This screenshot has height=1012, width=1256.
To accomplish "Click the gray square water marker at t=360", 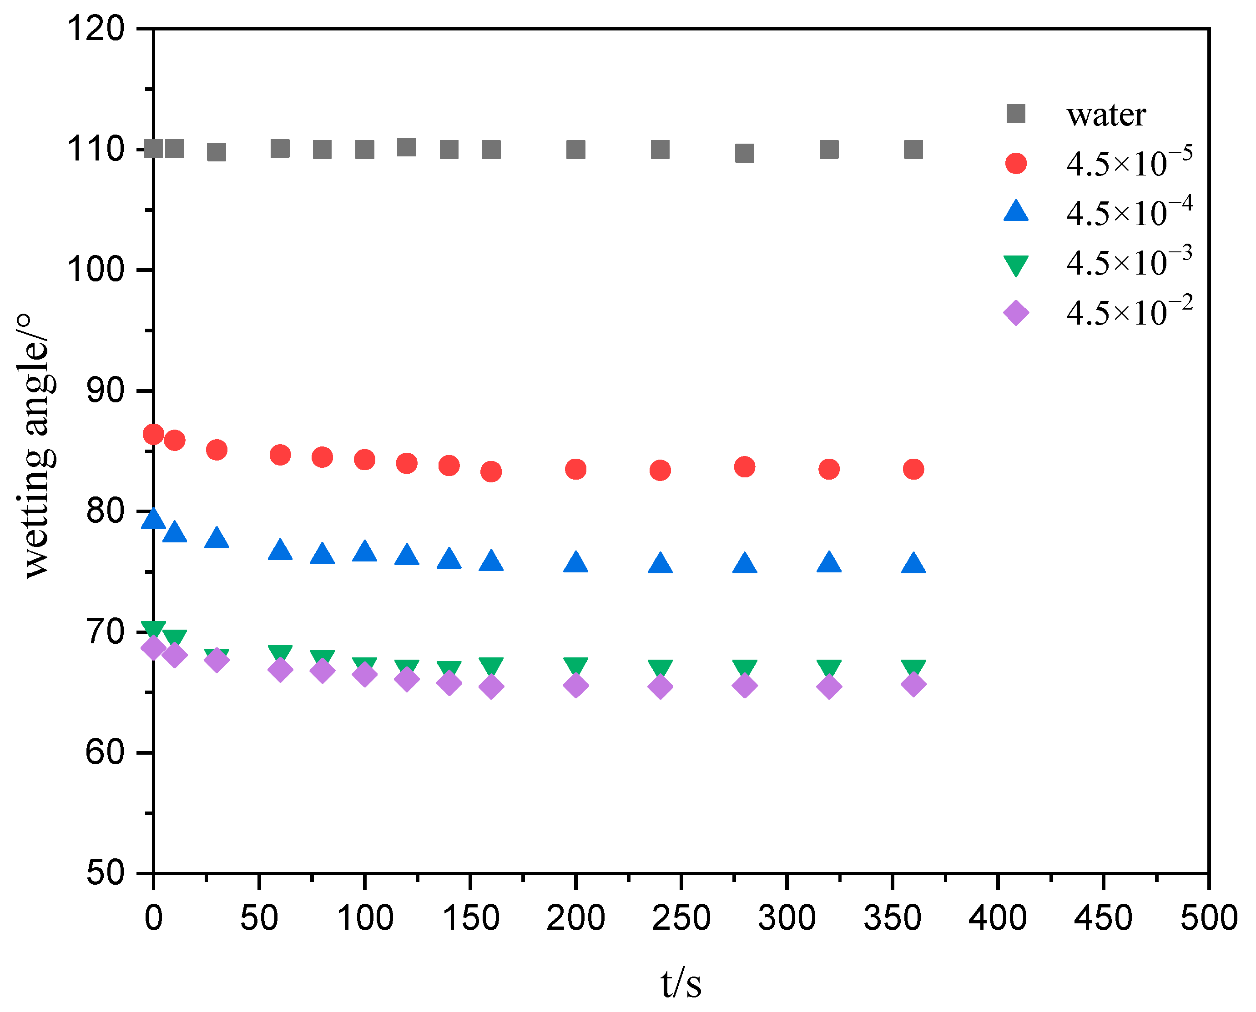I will [x=913, y=150].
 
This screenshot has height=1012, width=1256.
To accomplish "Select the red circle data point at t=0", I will [x=153, y=434].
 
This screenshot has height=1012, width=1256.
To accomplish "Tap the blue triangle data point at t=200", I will [x=576, y=562].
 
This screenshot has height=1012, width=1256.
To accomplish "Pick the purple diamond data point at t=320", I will [x=829, y=686].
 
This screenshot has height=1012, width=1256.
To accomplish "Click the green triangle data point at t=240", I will [x=660, y=668].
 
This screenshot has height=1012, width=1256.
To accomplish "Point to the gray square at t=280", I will [x=744, y=153].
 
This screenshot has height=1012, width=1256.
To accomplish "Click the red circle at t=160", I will [x=491, y=471].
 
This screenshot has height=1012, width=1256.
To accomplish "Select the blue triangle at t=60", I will [x=280, y=550].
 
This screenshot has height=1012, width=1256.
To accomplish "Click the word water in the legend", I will [x=1106, y=115].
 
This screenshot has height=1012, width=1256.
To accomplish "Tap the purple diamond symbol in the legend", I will [x=1016, y=313].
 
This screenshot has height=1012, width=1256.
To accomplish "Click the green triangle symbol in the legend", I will [x=1016, y=265].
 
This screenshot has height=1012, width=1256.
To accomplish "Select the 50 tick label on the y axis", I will [x=106, y=873].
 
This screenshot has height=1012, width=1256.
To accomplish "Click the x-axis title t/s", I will [x=681, y=983].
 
